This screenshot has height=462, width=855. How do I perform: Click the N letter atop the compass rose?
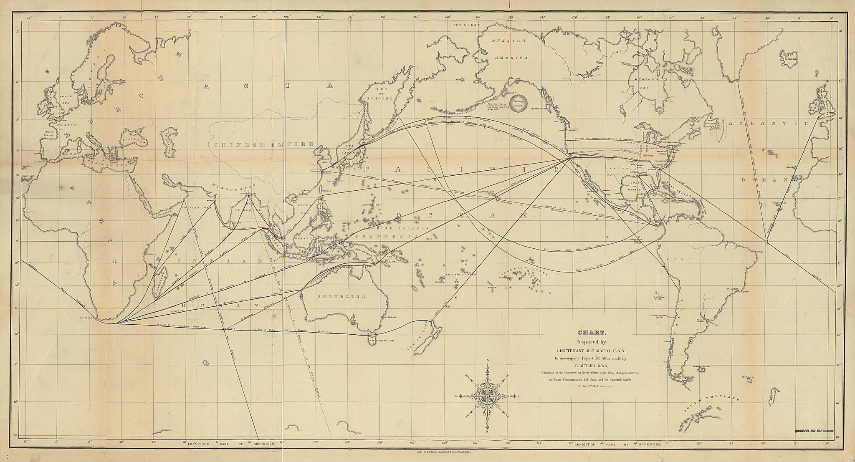[488, 360]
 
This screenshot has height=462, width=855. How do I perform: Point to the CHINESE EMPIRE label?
[263, 145]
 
